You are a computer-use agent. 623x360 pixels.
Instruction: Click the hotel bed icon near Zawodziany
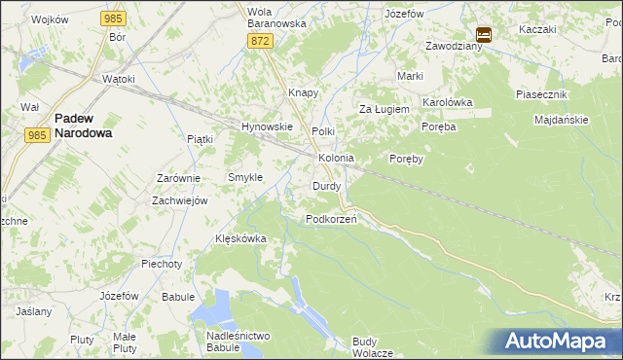[x=484, y=34]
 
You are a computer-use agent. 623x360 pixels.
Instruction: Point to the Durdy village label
[x=326, y=185]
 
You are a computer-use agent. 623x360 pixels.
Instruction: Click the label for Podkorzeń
[x=331, y=219]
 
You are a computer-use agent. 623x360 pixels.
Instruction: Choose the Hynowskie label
[x=267, y=126]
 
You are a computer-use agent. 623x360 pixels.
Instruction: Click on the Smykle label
[x=244, y=177]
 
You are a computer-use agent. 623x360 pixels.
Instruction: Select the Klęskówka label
[x=240, y=238]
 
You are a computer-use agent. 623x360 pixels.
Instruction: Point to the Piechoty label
[x=161, y=264]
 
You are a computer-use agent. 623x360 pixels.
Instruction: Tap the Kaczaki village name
[x=537, y=29]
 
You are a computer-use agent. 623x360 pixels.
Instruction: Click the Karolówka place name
[x=447, y=101]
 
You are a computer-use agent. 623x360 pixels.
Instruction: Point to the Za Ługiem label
[x=381, y=109]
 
